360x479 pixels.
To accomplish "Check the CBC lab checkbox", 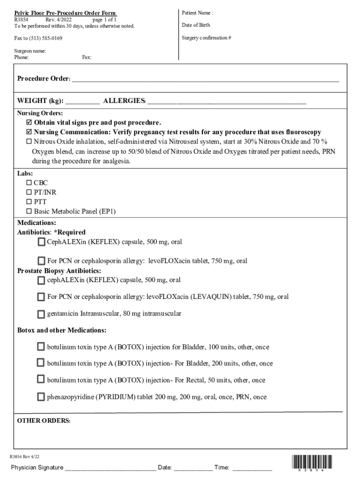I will (x=29, y=183).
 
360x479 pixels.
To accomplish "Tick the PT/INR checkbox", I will (x=29, y=192).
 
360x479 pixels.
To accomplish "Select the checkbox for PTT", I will (x=29, y=202).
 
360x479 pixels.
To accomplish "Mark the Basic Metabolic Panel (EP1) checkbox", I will (x=29, y=211).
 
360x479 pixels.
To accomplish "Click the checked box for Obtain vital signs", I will (x=29, y=123).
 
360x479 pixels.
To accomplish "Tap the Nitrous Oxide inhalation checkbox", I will (x=29, y=141).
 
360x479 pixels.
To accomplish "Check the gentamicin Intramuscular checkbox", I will (x=41, y=313).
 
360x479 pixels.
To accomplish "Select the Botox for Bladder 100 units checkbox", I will (x=41, y=347).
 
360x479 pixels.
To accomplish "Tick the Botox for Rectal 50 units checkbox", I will (x=41, y=379).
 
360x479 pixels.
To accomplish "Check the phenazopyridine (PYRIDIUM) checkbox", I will (x=41, y=397).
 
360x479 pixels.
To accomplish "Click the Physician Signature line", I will (x=110, y=468).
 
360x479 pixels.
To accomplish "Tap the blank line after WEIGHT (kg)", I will (x=82, y=101).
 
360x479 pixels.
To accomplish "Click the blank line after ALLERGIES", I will (x=227, y=101).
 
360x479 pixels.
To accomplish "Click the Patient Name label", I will (x=197, y=13).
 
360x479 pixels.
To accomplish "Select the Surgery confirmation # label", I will (x=206, y=37).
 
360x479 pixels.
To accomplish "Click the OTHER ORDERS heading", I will (x=43, y=421).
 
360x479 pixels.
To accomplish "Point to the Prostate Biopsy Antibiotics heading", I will (x=59, y=271).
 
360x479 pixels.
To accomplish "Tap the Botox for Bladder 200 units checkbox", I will (x=41, y=363).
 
